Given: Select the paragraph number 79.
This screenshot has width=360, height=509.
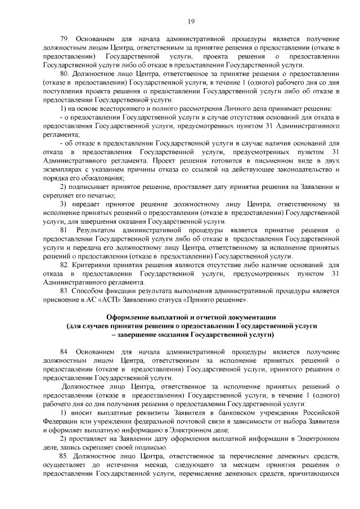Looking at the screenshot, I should [64, 38].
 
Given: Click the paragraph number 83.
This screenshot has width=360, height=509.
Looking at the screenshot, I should [64, 291].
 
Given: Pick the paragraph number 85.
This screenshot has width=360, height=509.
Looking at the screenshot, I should [64, 455].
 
